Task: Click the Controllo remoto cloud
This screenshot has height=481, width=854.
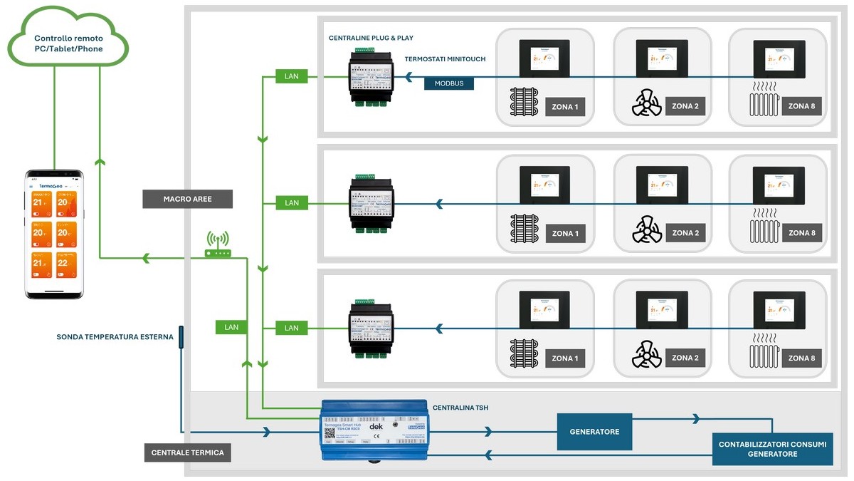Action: pos(68,43)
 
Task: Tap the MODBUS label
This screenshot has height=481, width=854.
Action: pos(449,83)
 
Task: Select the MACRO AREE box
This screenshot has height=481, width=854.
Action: pos(187,199)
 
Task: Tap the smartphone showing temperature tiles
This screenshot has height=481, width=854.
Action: pos(55,234)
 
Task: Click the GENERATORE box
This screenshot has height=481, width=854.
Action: pos(594,431)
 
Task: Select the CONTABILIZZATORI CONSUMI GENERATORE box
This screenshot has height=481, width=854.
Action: pos(772,449)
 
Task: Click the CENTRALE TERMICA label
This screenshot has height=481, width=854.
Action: pos(187,452)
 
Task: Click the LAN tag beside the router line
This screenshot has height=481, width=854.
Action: pos(231,327)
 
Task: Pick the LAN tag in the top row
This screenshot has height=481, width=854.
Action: pos(292,76)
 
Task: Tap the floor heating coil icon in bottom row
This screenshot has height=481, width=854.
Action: pos(526,355)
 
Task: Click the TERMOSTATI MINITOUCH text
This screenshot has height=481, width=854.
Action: pos(445,59)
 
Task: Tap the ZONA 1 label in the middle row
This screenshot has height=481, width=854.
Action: pos(565,233)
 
